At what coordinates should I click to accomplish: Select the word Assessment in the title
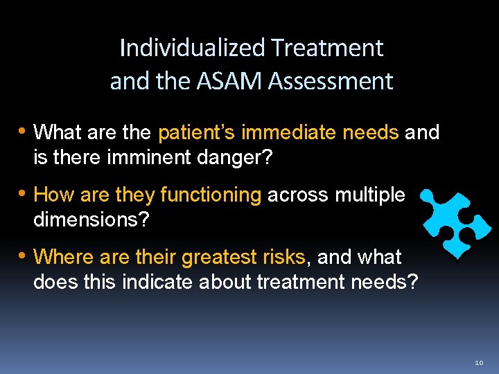click(x=331, y=81)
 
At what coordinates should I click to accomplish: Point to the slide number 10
click(x=480, y=362)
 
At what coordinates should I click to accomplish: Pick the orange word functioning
click(x=211, y=195)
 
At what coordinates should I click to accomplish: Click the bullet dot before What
click(x=23, y=131)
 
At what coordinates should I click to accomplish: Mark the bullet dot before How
click(x=23, y=194)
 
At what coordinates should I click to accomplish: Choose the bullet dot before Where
click(x=23, y=256)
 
